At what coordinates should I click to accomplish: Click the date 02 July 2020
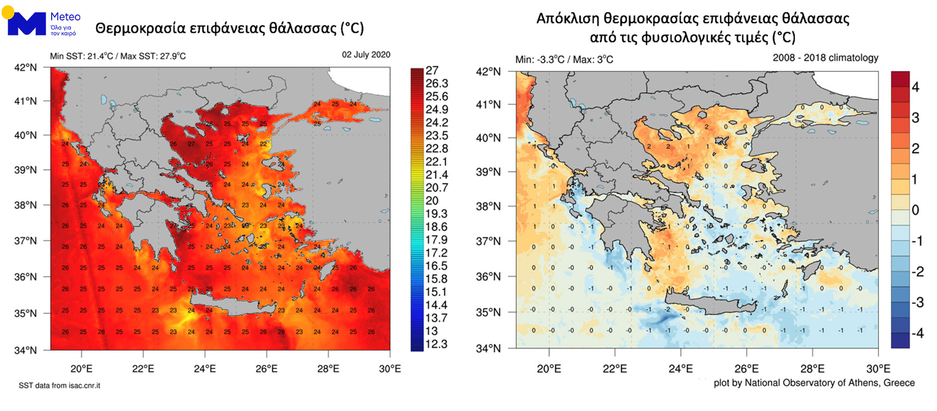366,55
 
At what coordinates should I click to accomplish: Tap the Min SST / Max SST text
118,56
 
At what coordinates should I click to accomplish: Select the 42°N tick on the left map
25,68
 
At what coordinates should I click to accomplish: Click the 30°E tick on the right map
878,369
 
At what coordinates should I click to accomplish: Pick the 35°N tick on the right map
488,313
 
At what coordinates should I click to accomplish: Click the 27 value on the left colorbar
432,70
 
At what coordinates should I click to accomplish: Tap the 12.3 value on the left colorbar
436,344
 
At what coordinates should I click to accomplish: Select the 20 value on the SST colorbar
432,201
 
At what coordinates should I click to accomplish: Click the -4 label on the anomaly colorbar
917,334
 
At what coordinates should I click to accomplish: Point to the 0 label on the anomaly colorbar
915,210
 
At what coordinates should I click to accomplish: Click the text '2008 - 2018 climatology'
825,58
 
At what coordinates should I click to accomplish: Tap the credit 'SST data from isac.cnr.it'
59,386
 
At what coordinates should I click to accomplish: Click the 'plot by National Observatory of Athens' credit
814,383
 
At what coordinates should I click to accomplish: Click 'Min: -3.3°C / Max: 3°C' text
564,60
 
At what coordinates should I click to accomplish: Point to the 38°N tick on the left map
25,205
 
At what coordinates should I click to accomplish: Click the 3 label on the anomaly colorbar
915,118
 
